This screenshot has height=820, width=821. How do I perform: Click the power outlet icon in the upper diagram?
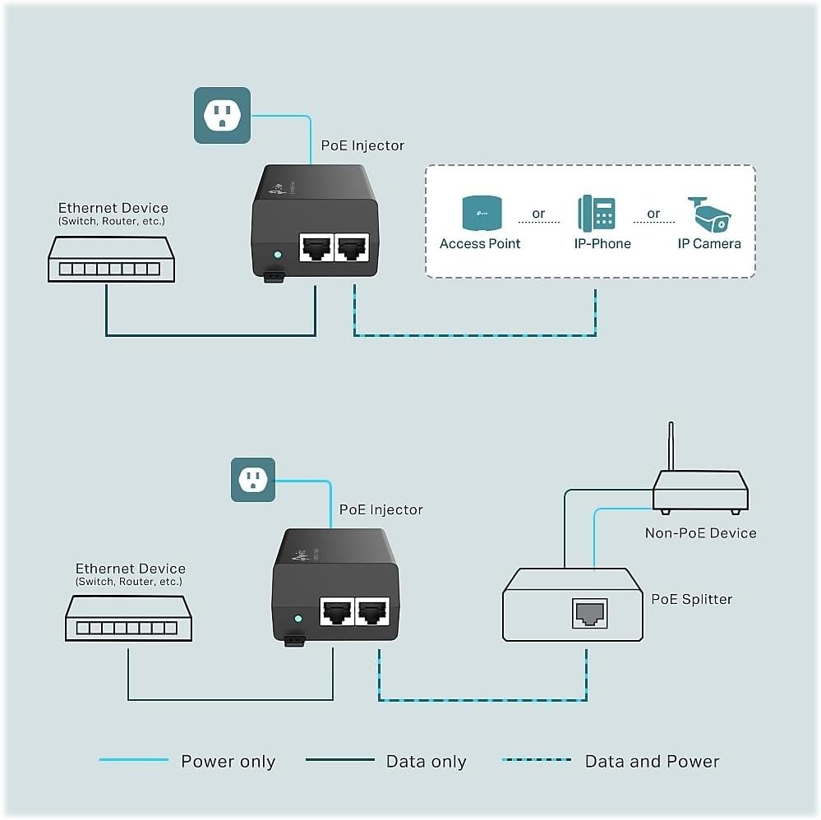pyautogui.click(x=222, y=115)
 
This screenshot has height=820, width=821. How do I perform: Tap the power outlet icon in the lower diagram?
pyautogui.click(x=253, y=480)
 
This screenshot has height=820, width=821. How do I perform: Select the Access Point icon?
pyautogui.click(x=482, y=213)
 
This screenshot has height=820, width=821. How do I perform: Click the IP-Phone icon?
pyautogui.click(x=597, y=213)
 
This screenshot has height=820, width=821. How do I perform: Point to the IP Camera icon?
pyautogui.click(x=709, y=214)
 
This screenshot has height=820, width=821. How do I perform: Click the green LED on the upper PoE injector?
pyautogui.click(x=278, y=255)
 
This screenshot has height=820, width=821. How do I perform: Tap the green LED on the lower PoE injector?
pyautogui.click(x=298, y=619)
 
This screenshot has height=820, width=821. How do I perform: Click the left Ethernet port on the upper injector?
pyautogui.click(x=316, y=247)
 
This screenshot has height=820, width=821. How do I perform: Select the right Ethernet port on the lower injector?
pyautogui.click(x=372, y=611)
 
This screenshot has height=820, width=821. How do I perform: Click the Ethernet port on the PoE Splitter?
pyautogui.click(x=590, y=613)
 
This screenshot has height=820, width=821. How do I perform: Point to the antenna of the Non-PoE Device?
pyautogui.click(x=671, y=446)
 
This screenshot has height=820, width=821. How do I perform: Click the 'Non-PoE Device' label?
pyautogui.click(x=700, y=533)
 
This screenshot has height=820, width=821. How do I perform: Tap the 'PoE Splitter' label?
pyautogui.click(x=692, y=599)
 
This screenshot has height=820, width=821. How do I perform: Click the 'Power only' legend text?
pyautogui.click(x=228, y=761)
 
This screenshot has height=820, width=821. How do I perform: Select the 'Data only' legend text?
pyautogui.click(x=427, y=761)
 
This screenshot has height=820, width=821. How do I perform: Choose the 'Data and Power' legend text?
pyautogui.click(x=652, y=761)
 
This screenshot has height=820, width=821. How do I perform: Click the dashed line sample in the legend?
pyautogui.click(x=537, y=760)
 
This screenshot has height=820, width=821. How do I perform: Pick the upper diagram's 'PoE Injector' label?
pyautogui.click(x=363, y=145)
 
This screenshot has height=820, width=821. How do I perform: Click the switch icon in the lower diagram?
pyautogui.click(x=128, y=619)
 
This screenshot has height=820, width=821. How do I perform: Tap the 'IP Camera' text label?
pyautogui.click(x=709, y=243)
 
